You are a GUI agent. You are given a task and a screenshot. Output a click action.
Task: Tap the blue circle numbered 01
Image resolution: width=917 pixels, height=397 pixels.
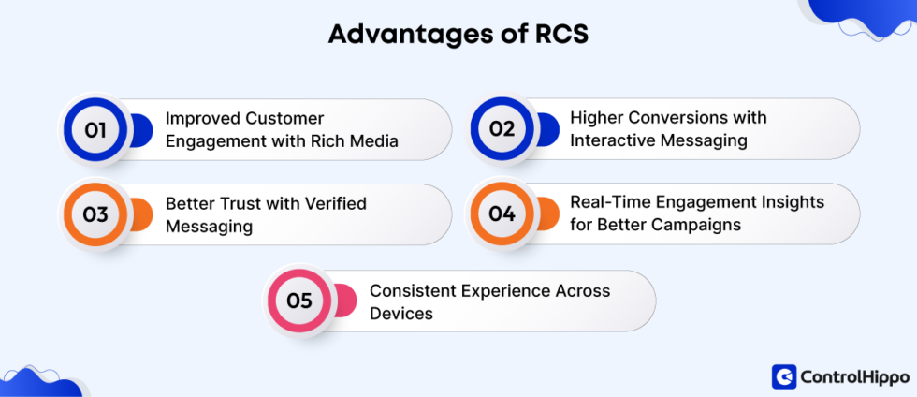(95, 129)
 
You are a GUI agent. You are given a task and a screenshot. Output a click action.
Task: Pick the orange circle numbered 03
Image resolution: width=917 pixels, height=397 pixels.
(95, 214)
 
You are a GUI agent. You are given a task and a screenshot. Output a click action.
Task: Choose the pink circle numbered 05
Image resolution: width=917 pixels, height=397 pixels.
(298, 301)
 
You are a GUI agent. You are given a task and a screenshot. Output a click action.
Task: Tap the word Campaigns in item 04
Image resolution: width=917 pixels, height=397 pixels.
(702, 225)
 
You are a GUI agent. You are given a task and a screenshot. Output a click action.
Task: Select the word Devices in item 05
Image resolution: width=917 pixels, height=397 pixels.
(400, 313)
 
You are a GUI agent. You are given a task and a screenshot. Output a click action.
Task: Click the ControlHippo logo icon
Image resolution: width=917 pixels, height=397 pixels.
(783, 376)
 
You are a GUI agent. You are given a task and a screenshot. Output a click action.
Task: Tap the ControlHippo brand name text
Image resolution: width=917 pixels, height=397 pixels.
(854, 377)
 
